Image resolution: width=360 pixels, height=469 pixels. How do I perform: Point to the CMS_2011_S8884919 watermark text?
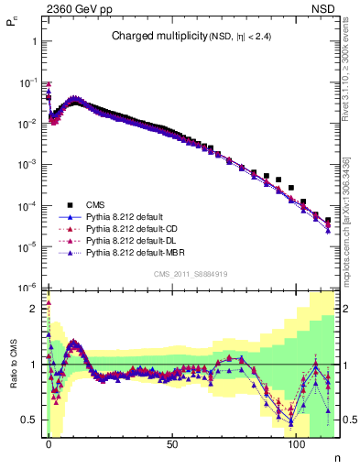(191, 273)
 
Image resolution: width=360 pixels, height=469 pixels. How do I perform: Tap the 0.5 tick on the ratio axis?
(32, 420)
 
